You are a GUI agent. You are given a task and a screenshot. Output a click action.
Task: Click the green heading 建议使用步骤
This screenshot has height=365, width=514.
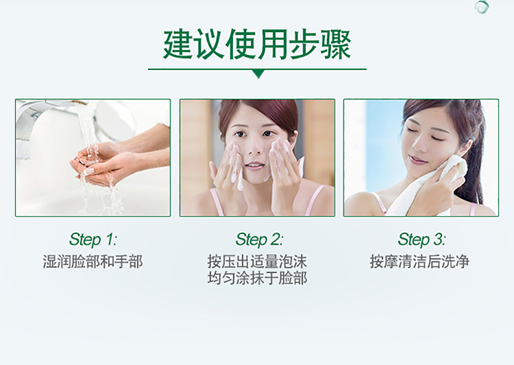[257, 45]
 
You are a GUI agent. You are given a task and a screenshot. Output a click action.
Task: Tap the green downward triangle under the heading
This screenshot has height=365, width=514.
[258, 73]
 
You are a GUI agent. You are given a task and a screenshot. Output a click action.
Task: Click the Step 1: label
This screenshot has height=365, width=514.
[93, 239]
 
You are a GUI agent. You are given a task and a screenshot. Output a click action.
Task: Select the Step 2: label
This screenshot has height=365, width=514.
[259, 239]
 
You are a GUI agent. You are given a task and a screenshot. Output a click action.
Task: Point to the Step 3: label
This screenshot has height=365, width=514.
[421, 239]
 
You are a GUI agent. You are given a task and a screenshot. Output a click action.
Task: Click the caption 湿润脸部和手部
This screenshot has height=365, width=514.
[93, 262]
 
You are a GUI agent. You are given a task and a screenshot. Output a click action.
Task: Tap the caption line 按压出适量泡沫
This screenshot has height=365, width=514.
[257, 262]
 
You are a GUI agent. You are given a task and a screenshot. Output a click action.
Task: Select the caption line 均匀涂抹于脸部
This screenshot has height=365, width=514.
[257, 279]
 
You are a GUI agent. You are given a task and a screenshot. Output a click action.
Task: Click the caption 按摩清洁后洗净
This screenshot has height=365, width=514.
[419, 262]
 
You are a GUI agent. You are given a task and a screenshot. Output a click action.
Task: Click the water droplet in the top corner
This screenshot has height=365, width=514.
[482, 7]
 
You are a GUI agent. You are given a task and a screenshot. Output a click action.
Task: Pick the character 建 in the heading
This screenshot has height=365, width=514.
[178, 45]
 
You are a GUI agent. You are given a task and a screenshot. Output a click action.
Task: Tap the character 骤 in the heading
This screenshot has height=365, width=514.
[336, 45]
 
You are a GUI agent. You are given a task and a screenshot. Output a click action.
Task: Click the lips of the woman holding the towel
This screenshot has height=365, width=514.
[417, 160]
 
